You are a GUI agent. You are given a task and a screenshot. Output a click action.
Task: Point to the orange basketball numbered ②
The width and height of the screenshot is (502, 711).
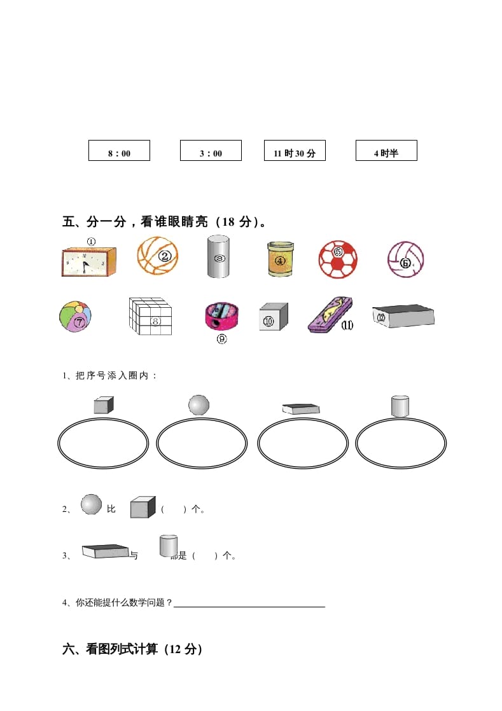click(158, 256)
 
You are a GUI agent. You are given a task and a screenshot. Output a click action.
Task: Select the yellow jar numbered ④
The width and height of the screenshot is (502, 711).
click(280, 258)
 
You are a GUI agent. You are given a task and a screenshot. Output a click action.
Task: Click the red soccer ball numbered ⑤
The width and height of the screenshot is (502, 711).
click(338, 258)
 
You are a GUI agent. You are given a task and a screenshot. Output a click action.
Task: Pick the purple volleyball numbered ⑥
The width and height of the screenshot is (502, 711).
click(405, 259)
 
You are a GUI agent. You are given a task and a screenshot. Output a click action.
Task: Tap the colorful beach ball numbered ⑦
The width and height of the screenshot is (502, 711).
click(75, 317)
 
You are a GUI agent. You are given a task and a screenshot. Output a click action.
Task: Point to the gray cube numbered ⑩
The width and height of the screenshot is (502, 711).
click(273, 316)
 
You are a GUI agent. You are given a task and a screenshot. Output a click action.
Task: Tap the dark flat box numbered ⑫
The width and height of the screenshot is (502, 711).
click(403, 315)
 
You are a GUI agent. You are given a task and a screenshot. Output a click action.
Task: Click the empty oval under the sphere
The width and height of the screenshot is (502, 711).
click(202, 443)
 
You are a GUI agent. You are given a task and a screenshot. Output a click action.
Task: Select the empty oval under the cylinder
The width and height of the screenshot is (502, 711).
click(401, 443)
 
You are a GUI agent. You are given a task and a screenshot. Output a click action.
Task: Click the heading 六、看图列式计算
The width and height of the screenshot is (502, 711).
click(132, 649)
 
